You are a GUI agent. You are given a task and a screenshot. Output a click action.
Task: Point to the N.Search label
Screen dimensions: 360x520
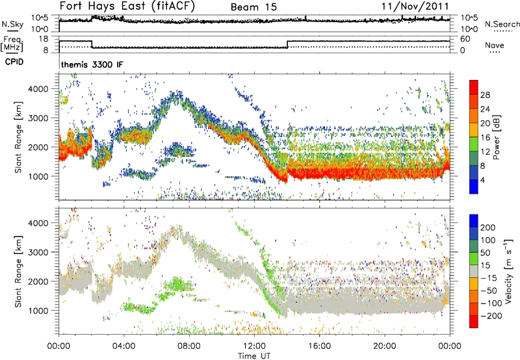499,24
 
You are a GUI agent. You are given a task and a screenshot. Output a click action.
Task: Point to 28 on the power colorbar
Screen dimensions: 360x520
485,94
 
